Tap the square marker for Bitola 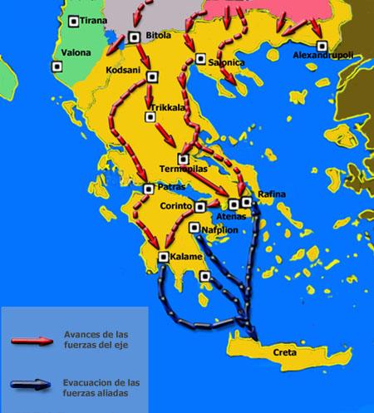[135, 36]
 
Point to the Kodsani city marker [151, 78]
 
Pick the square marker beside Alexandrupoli [322, 44]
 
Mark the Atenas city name [234, 216]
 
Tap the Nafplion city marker [194, 227]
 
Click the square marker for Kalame [163, 256]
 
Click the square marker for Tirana [75, 21]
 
